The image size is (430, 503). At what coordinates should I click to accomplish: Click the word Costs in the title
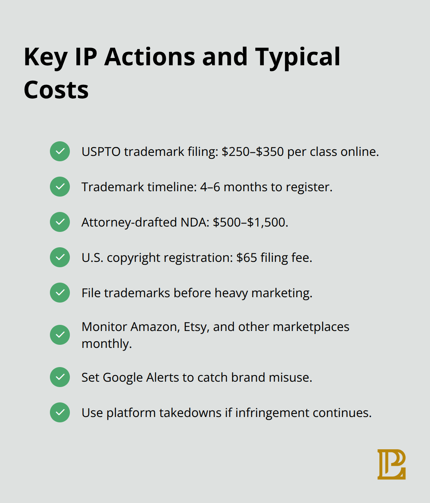[56, 90]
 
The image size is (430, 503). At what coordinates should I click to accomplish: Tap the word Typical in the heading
[298, 57]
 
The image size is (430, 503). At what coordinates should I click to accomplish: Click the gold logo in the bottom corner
[391, 464]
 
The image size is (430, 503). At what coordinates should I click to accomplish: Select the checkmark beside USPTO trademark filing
[60, 151]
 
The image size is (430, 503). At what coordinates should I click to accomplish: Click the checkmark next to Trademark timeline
[60, 187]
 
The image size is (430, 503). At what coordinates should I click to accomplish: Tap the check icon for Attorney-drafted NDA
[60, 222]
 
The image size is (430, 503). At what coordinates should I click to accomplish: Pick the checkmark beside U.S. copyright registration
[60, 257]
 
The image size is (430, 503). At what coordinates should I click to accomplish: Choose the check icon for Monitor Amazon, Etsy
[60, 335]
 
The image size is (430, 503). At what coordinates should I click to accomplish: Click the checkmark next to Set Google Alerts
[60, 377]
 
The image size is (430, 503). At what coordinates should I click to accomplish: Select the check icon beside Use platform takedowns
[60, 412]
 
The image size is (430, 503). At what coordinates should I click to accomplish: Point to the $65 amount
[246, 258]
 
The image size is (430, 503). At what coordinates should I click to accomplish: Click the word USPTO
[101, 152]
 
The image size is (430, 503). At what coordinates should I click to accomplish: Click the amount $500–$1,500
[250, 222]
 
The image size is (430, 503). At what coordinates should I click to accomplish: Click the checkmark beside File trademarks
[60, 293]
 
